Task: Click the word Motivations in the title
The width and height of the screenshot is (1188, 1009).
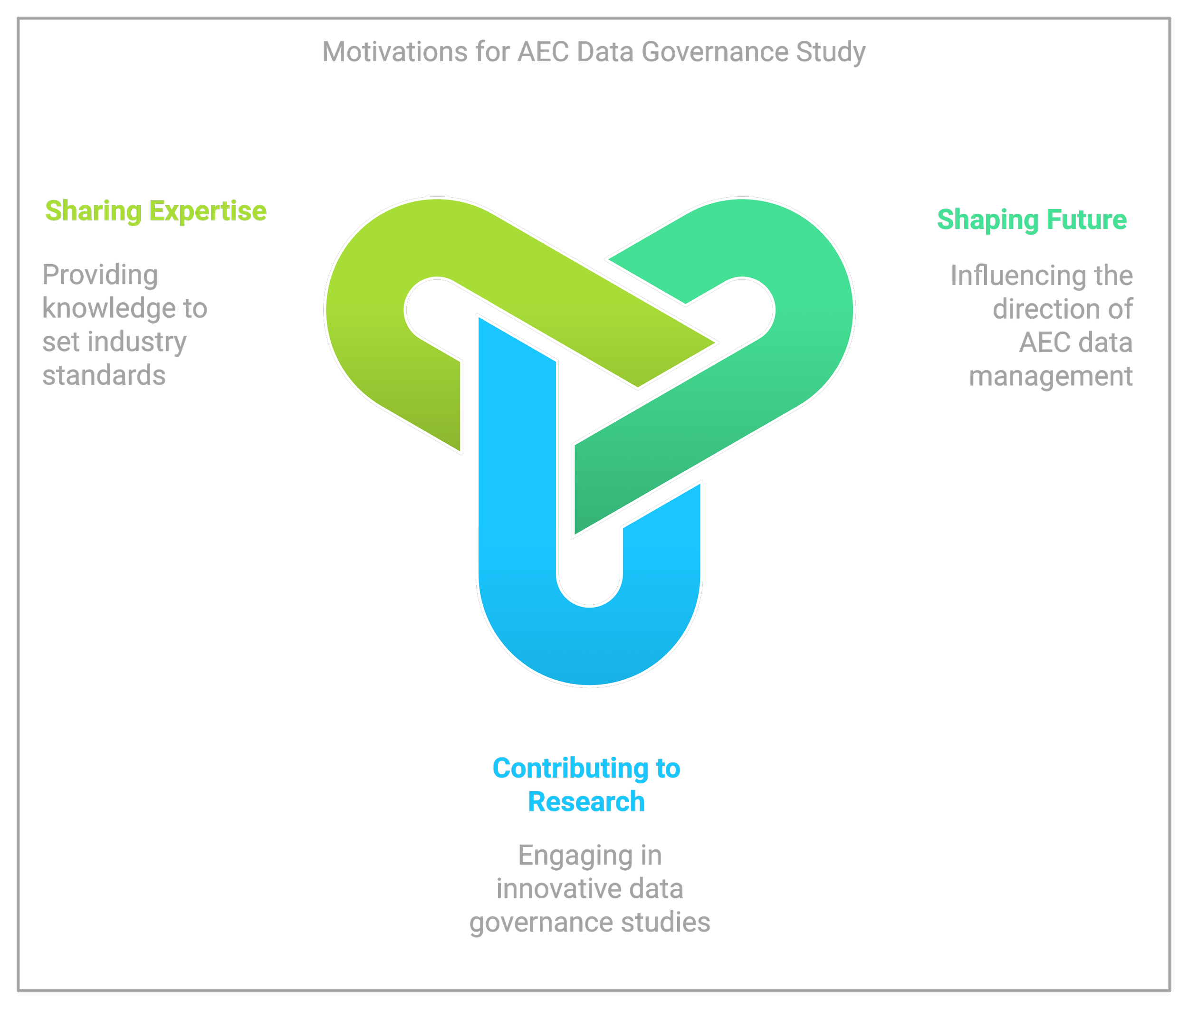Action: click(x=395, y=52)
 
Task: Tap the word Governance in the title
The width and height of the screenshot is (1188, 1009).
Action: click(x=715, y=52)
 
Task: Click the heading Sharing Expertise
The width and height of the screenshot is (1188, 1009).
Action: click(x=156, y=211)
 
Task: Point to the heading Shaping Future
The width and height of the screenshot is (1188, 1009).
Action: click(x=1031, y=219)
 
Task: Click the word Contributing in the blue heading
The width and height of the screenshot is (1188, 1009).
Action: click(x=570, y=768)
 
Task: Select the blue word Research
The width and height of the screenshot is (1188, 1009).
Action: click(x=586, y=801)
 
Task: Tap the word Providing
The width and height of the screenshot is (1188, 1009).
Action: click(x=100, y=275)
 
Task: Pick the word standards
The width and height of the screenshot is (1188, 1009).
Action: click(x=104, y=376)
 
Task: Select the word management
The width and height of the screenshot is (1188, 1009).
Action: click(x=1051, y=376)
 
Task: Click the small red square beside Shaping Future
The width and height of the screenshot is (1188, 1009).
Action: click(x=1118, y=235)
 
